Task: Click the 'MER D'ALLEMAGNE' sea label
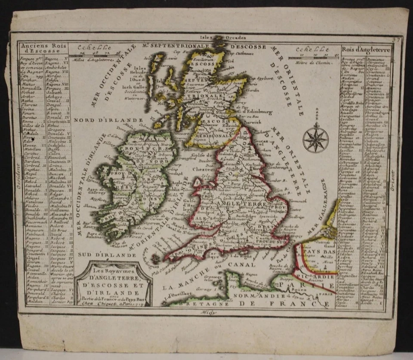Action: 317,214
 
